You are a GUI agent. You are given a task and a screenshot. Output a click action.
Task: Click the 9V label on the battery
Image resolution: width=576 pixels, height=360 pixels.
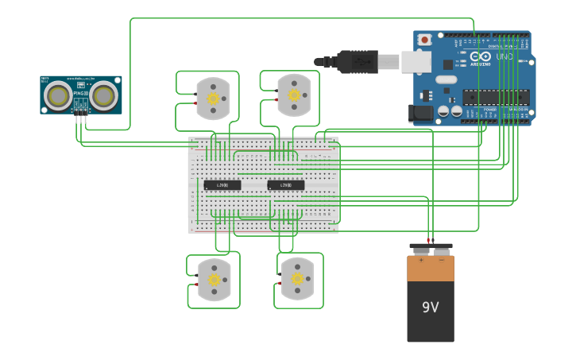tap(430, 307)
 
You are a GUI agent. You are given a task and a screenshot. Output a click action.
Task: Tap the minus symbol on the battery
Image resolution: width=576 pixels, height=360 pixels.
tap(442, 259)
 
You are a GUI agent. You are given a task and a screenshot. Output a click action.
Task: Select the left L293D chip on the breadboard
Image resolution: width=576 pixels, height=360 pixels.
tap(222, 185)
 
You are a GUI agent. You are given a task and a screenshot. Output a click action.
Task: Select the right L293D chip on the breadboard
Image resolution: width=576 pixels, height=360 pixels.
tap(286, 185)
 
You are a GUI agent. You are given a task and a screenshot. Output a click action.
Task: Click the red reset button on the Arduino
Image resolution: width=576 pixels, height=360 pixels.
tap(424, 40)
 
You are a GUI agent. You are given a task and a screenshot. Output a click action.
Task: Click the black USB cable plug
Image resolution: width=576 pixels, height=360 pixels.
tap(357, 61)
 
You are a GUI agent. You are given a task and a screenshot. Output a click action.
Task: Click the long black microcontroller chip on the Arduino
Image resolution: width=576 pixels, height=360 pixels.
tap(497, 97)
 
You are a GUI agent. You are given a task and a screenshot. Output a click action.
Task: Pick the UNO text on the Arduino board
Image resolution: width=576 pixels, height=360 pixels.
tap(504, 56)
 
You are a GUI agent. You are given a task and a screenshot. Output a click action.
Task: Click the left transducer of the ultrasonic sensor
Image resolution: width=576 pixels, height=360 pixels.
tap(57, 96)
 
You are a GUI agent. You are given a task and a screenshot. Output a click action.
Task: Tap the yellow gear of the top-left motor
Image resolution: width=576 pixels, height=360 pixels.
tap(213, 99)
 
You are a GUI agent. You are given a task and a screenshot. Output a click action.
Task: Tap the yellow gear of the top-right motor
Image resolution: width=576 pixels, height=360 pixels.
tap(294, 95)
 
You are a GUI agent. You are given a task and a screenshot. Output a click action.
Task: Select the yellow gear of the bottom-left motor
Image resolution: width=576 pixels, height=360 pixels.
tap(215, 280)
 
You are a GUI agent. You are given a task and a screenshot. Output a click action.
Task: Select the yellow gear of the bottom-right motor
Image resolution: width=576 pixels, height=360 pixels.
tap(298, 278)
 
